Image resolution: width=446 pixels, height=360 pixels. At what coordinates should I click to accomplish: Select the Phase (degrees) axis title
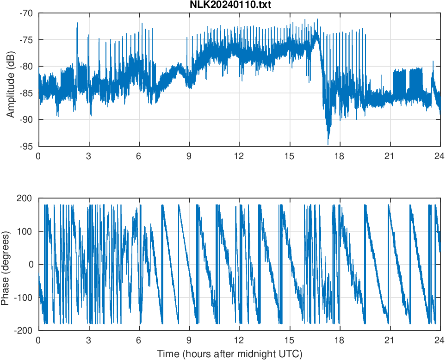[x=5, y=264]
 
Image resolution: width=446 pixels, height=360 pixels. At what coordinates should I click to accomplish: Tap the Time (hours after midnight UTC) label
[x=229, y=354]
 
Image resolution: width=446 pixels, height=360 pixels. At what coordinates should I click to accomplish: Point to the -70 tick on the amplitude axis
[x=26, y=13]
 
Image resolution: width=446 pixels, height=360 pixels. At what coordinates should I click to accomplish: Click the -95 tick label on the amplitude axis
[x=26, y=146]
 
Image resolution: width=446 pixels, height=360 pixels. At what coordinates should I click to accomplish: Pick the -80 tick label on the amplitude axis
[x=26, y=66]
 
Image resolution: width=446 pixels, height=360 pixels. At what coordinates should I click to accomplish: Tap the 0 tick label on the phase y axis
[x=31, y=264]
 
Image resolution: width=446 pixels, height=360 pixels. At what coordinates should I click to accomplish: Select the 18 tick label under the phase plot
[x=340, y=340]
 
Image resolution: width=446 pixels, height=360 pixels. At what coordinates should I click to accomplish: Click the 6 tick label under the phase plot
[x=139, y=340]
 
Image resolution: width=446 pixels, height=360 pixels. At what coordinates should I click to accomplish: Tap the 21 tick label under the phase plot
[x=390, y=340]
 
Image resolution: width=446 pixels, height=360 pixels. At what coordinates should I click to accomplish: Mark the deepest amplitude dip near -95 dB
[x=328, y=144]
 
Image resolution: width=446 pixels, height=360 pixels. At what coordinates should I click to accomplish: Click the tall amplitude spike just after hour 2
[x=77, y=24]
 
